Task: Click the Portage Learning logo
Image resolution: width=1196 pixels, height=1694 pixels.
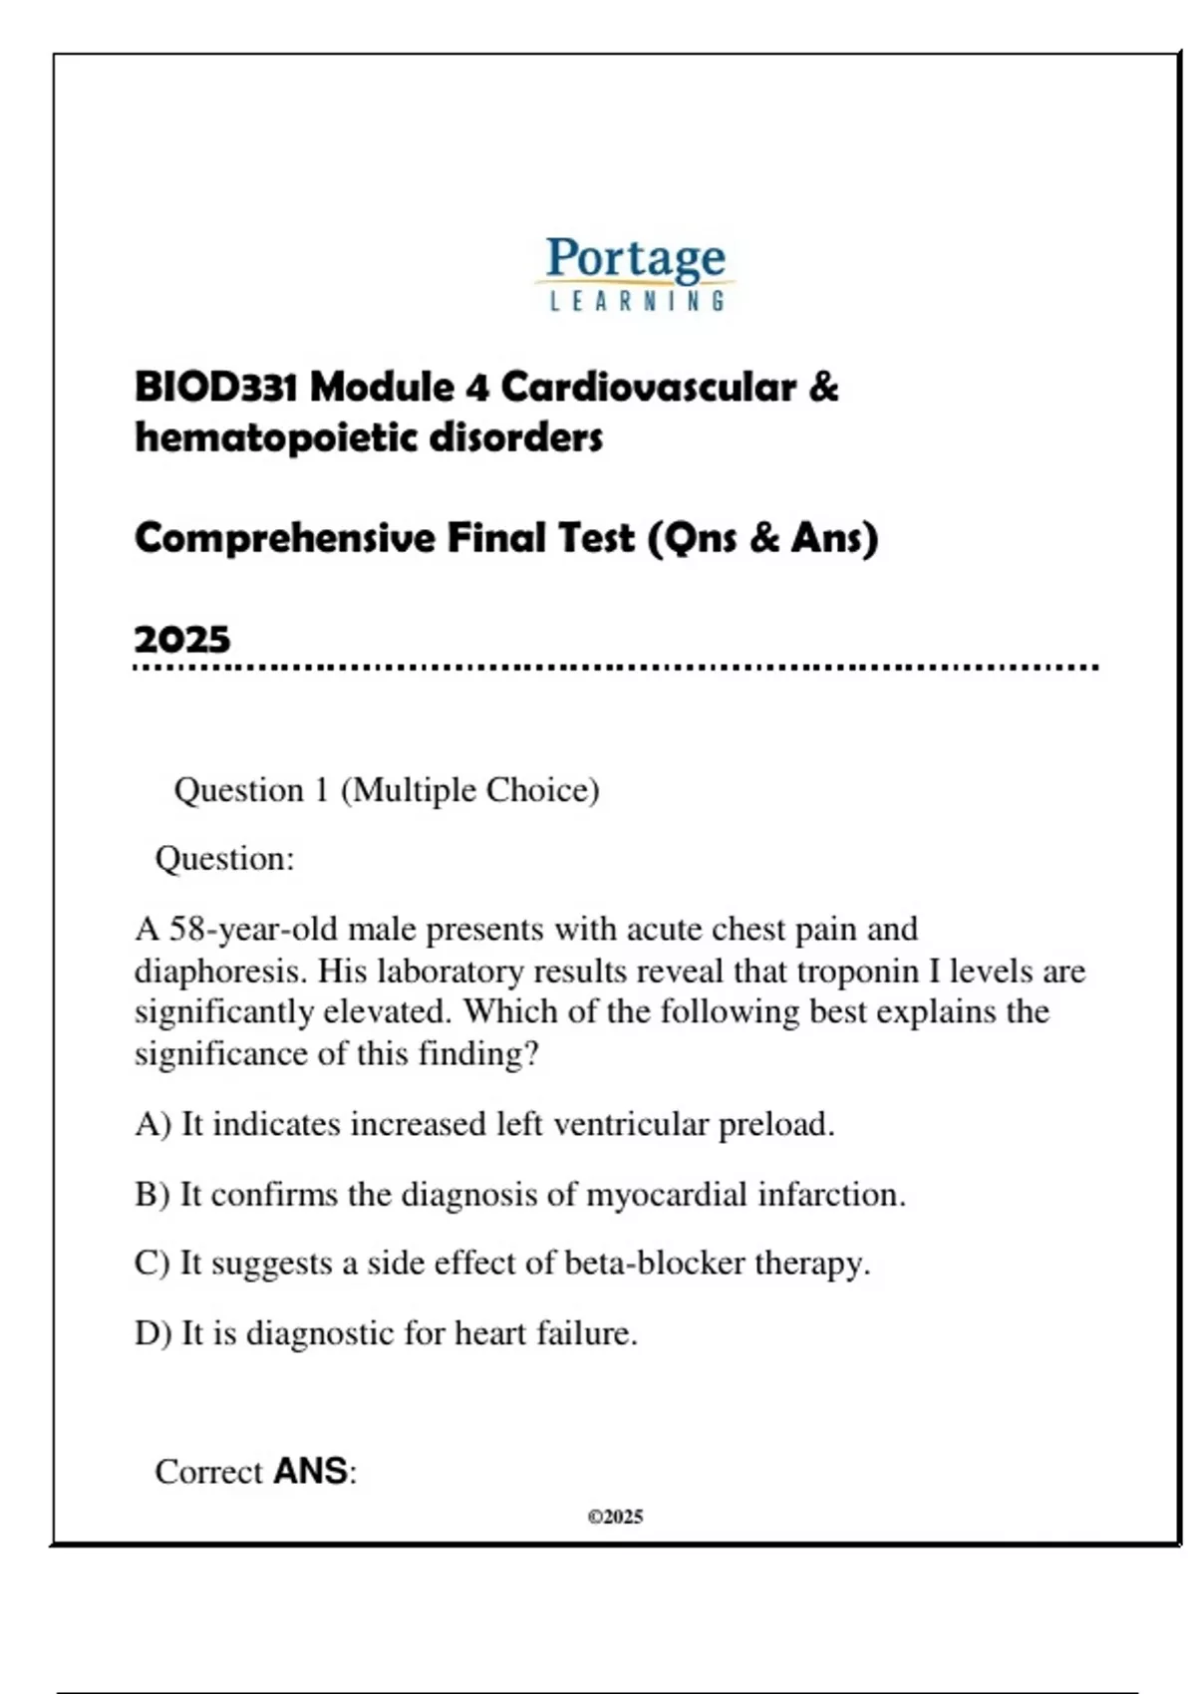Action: pyautogui.click(x=636, y=272)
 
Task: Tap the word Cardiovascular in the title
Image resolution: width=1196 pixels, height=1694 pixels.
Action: pyautogui.click(x=648, y=387)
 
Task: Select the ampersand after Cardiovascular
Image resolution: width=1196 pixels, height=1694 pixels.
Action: pyautogui.click(x=823, y=387)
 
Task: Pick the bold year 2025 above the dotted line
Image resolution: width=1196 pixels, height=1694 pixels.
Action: pyautogui.click(x=182, y=639)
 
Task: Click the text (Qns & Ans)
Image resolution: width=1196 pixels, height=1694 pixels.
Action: pyautogui.click(x=762, y=538)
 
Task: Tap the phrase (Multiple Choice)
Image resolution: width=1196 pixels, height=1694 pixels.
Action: pyautogui.click(x=469, y=790)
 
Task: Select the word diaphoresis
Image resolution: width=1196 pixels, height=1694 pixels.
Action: pyautogui.click(x=221, y=971)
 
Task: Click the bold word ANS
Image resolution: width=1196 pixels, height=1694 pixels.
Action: pyautogui.click(x=310, y=1471)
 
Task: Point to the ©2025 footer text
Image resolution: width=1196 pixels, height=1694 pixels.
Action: pyautogui.click(x=615, y=1517)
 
